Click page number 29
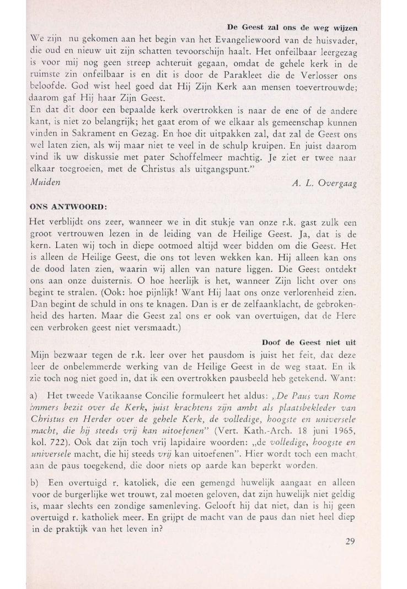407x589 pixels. [x=350, y=542]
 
